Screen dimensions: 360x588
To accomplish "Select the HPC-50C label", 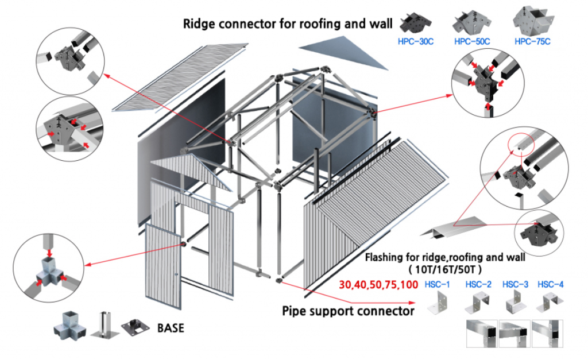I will click(x=472, y=41).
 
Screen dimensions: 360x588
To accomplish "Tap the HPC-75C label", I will click(x=532, y=41).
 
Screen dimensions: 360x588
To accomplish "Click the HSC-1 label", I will click(x=437, y=284).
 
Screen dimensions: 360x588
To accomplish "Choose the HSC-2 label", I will click(x=478, y=284).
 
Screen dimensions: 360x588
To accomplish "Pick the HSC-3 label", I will click(x=516, y=284).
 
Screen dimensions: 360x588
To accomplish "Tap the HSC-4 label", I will click(x=550, y=284).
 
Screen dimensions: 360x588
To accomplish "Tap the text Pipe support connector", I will click(x=348, y=311).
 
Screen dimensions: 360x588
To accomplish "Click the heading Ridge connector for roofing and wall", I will click(x=287, y=24).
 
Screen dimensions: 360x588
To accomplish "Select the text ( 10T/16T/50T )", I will click(x=444, y=269).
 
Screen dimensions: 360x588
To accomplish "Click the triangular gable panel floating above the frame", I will click(x=336, y=52).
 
